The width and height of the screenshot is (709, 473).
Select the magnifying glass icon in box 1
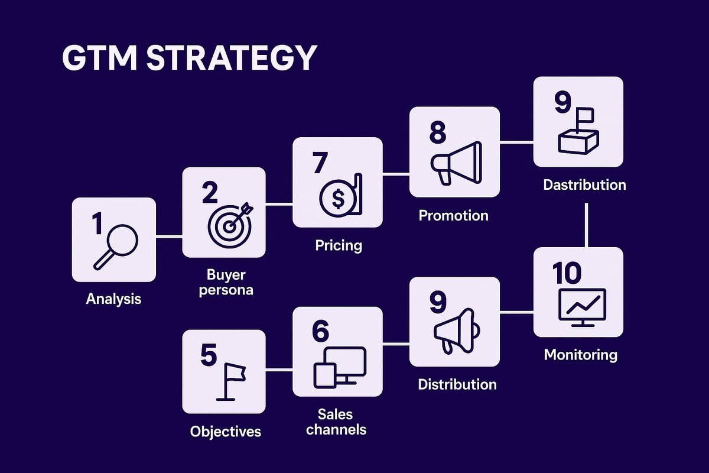point(116,247)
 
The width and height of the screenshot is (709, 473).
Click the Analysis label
point(113,299)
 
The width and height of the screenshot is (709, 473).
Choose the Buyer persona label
point(226,283)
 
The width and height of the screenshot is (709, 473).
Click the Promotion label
point(454,215)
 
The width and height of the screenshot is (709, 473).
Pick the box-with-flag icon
point(577,134)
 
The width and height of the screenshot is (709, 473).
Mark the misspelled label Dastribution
point(584,184)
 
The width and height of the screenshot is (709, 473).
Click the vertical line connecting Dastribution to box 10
point(586,225)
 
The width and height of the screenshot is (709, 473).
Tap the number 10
point(566,273)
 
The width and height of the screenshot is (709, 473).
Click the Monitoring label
point(580,355)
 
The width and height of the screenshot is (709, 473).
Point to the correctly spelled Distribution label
point(457,384)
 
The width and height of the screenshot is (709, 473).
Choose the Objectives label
point(226,432)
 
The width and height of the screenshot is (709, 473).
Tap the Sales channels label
point(337,421)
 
